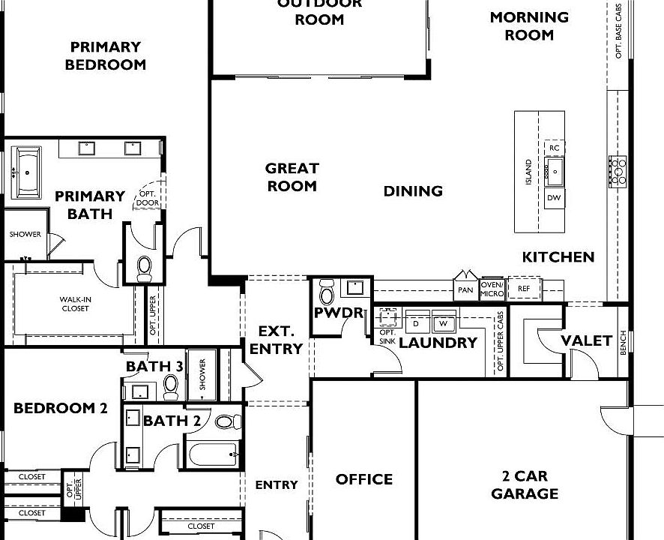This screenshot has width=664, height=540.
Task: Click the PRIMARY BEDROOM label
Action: point(105,55)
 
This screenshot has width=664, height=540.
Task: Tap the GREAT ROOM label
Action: point(292,177)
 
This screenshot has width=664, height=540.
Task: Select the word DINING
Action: point(413,191)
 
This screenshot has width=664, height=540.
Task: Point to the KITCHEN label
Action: point(558,257)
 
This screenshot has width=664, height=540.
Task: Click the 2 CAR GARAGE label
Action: point(525,485)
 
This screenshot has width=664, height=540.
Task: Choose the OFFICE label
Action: point(363,479)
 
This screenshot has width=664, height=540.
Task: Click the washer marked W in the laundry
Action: point(443,322)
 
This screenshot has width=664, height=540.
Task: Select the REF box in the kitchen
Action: point(523,288)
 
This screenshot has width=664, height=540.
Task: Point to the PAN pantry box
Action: point(465,289)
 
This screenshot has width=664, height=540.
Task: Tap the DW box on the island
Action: point(554,199)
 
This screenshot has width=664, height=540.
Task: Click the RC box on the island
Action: point(554,148)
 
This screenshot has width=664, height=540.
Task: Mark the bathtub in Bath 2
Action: point(212,454)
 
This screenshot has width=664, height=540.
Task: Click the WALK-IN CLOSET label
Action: point(76,304)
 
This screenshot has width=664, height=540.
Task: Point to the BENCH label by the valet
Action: point(623,343)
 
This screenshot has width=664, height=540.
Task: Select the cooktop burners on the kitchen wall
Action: point(618,171)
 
